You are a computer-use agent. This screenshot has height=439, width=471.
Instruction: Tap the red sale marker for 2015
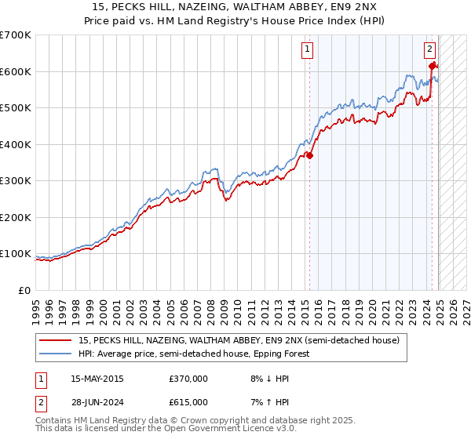[x=309, y=155]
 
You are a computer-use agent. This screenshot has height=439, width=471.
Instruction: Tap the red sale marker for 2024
[x=433, y=66]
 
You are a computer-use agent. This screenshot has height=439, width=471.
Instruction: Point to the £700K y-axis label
[x=16, y=35]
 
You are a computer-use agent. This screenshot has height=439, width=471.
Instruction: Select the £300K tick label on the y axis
[x=16, y=181]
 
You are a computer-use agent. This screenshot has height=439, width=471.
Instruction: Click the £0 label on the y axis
[x=26, y=290]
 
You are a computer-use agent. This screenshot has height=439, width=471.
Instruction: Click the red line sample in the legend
[x=56, y=340]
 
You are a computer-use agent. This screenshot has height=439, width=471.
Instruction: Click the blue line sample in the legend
[x=56, y=354]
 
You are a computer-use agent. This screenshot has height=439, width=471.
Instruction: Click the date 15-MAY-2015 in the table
[x=97, y=379]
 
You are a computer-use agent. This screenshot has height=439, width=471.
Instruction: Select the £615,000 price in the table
[x=188, y=401]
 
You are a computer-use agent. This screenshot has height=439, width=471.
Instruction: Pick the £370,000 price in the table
[x=188, y=379]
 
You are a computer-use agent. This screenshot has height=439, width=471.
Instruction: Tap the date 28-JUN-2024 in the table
[x=97, y=401]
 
